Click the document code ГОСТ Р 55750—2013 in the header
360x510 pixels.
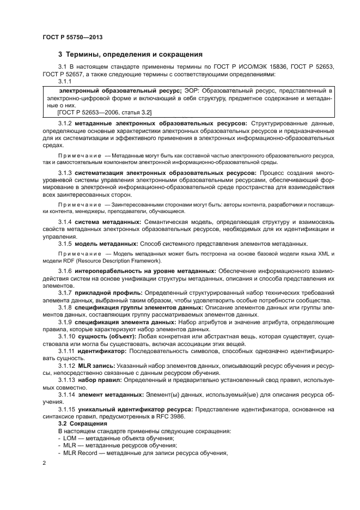coord(72,37)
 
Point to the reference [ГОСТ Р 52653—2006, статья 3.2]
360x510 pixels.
coord(105,112)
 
